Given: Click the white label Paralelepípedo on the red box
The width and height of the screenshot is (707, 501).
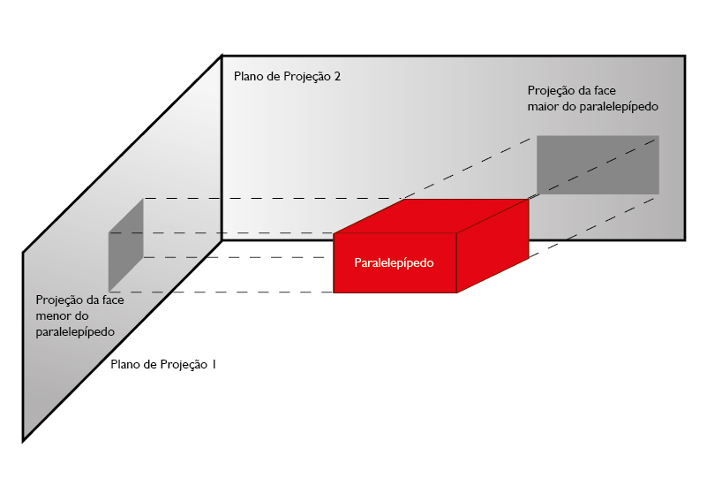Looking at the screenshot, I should click(x=394, y=262).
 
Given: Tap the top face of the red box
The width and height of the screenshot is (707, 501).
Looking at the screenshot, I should click(x=431, y=216).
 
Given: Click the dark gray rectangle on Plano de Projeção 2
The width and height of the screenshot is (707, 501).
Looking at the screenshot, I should click(x=598, y=164).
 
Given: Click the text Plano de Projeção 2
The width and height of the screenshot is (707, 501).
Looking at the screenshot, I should click(x=287, y=76).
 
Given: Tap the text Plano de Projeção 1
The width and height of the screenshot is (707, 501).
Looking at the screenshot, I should click(x=164, y=364).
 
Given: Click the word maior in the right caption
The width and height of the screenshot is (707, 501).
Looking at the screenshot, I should click(x=542, y=106).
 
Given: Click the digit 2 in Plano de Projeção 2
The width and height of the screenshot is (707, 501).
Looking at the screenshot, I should click(x=337, y=76).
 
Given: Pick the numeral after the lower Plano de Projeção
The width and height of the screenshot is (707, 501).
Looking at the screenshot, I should click(x=214, y=364).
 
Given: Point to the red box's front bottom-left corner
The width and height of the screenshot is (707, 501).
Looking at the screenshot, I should click(x=334, y=292).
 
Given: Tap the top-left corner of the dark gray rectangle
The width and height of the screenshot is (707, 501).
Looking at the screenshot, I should click(x=537, y=136).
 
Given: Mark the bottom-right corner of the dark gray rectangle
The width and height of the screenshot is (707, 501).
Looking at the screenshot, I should click(x=658, y=193).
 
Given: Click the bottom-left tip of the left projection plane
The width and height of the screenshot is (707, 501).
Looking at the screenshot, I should click(x=23, y=440).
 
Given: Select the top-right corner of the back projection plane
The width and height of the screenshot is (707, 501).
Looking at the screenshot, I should click(x=684, y=57).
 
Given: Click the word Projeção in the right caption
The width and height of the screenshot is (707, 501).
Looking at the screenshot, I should click(x=552, y=90).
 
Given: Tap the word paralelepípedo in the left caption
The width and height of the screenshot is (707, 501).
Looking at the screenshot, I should click(x=76, y=331).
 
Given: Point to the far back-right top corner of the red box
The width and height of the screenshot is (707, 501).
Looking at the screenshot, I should click(x=528, y=201).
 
